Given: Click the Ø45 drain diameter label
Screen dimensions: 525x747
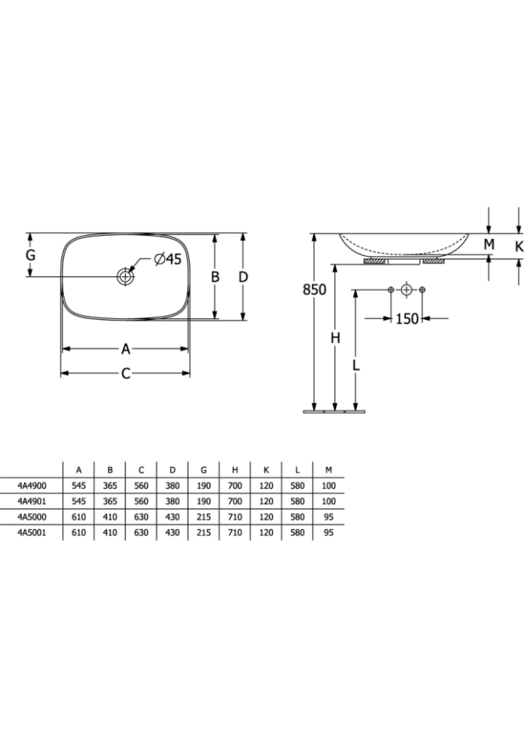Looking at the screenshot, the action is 168,259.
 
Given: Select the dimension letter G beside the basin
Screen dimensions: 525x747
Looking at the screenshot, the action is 30,255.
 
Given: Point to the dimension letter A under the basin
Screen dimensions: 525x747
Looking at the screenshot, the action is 125,349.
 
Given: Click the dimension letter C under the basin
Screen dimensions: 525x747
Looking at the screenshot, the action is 125,373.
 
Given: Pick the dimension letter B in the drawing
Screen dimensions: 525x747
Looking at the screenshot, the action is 215,276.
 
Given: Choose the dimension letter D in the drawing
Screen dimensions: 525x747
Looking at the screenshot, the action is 243,276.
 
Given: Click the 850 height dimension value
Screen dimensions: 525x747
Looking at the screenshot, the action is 314,289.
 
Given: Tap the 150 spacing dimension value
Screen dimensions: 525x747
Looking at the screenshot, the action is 407,318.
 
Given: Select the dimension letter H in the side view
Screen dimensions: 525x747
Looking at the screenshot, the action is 335,338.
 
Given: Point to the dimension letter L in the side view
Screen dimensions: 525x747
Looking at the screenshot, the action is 355,365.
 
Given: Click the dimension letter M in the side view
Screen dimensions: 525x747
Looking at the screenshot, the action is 489,244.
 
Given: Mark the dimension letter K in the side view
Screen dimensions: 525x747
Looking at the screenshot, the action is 519,246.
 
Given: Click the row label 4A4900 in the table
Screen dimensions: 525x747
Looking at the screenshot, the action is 32,486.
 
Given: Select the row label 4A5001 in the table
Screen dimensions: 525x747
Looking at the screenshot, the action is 32,532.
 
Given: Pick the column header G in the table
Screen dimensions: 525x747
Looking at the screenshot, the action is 204,470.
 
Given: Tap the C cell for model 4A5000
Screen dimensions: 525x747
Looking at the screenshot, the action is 141,517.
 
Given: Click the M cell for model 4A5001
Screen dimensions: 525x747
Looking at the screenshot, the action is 329,532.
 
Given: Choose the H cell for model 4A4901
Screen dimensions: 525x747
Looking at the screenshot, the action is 235,501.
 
